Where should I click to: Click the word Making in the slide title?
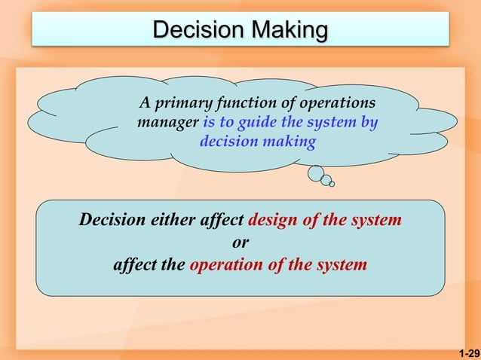290,30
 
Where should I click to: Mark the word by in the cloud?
369,121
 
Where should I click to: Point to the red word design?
274,221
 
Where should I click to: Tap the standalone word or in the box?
240,243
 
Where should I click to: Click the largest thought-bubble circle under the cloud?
315,173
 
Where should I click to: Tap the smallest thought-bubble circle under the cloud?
332,184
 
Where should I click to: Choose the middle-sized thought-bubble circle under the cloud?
326,180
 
